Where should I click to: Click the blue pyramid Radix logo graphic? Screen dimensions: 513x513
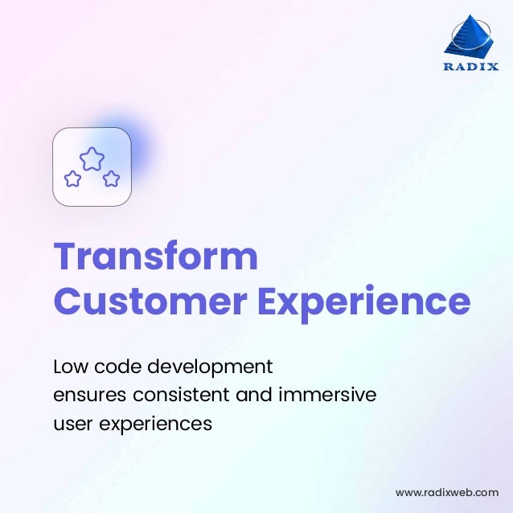[x=470, y=37]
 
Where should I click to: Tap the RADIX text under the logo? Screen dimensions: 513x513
[x=470, y=67]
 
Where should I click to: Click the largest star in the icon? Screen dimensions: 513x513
[x=92, y=158]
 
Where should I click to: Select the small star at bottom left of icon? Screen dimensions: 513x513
[x=72, y=179]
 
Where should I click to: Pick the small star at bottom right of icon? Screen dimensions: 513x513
[x=112, y=179]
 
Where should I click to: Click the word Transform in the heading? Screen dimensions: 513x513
[x=155, y=256]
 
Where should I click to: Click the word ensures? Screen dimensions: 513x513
[x=89, y=396]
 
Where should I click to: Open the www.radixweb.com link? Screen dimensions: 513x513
[x=446, y=492]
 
